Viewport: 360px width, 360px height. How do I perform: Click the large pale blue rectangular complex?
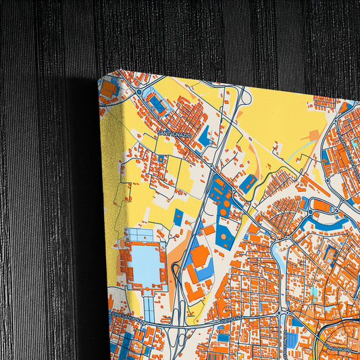[145, 260]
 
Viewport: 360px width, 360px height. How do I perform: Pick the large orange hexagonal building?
[199, 257]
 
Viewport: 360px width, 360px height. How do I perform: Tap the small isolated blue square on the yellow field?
[178, 217]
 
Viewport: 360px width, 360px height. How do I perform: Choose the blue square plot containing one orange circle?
[225, 236]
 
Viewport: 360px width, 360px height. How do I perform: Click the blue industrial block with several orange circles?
[220, 196]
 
